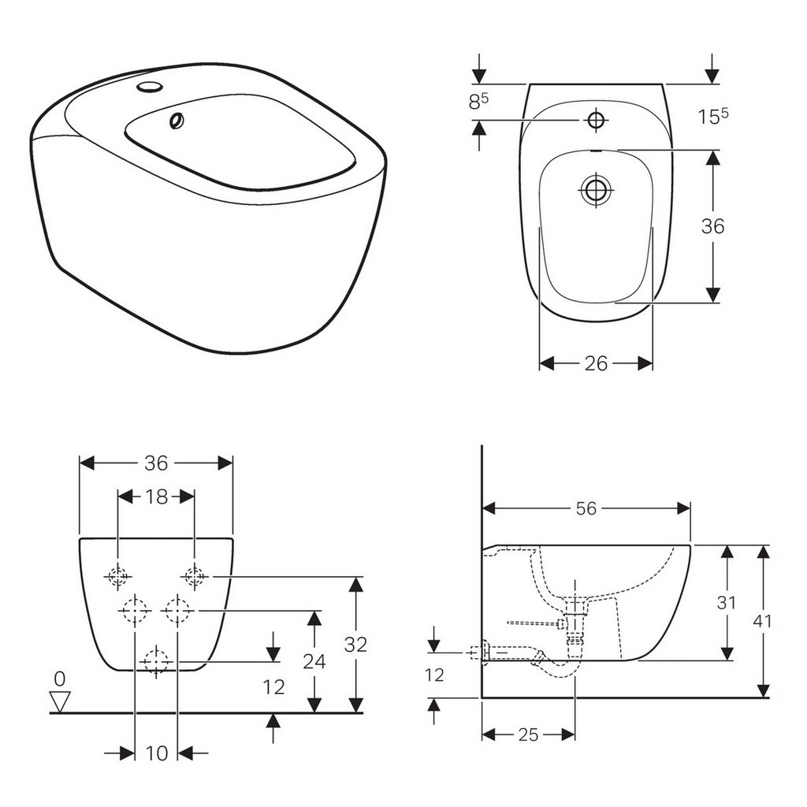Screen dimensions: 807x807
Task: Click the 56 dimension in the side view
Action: point(586,509)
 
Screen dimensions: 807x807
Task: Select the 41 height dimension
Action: point(762,622)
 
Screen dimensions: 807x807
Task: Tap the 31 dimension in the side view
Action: point(726,603)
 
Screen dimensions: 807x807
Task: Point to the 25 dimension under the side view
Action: point(528,734)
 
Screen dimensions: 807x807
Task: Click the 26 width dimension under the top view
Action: point(596,363)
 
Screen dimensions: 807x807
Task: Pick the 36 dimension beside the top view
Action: point(712,226)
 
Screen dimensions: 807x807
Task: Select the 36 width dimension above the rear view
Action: point(157,463)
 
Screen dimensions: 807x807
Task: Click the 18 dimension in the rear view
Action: point(157,496)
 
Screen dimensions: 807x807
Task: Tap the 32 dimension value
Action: point(356,645)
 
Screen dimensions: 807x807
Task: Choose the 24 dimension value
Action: point(314,661)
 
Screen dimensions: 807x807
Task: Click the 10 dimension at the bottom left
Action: point(157,753)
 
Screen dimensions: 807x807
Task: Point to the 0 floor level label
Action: point(60,678)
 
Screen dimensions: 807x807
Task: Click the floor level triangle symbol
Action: point(60,700)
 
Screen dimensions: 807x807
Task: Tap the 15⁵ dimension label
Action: point(712,117)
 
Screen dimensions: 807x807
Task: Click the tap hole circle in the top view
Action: point(595,120)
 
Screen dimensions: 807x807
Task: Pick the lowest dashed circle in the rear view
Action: point(157,661)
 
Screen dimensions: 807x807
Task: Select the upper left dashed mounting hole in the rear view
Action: point(117,578)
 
